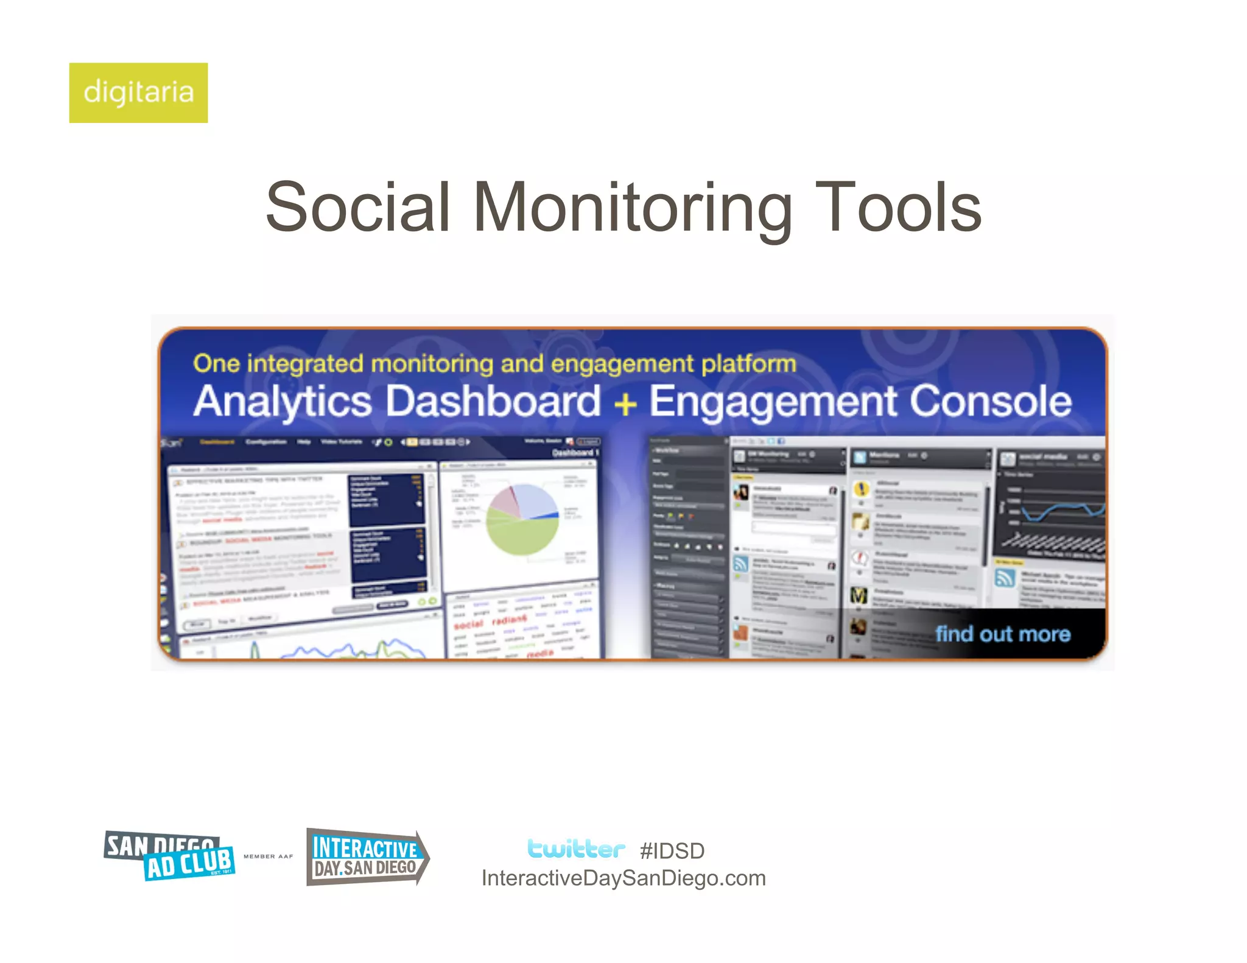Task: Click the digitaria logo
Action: pyautogui.click(x=138, y=93)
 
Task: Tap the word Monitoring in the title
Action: pyautogui.click(x=632, y=208)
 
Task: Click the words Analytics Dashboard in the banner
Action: pyautogui.click(x=397, y=402)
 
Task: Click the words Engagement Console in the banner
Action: pyautogui.click(x=860, y=402)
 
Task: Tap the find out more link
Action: pyautogui.click(x=1002, y=634)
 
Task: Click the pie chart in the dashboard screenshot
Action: pyautogui.click(x=522, y=519)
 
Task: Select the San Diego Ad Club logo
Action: pyautogui.click(x=169, y=855)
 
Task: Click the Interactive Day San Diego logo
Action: pyautogui.click(x=367, y=856)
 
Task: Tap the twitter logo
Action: pyautogui.click(x=575, y=849)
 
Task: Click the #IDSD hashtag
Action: pyautogui.click(x=672, y=850)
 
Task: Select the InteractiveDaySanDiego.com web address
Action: pyautogui.click(x=623, y=878)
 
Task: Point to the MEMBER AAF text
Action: pyautogui.click(x=268, y=856)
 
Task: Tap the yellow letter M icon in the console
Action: pyautogui.click(x=859, y=595)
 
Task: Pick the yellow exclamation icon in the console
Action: pyautogui.click(x=861, y=489)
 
